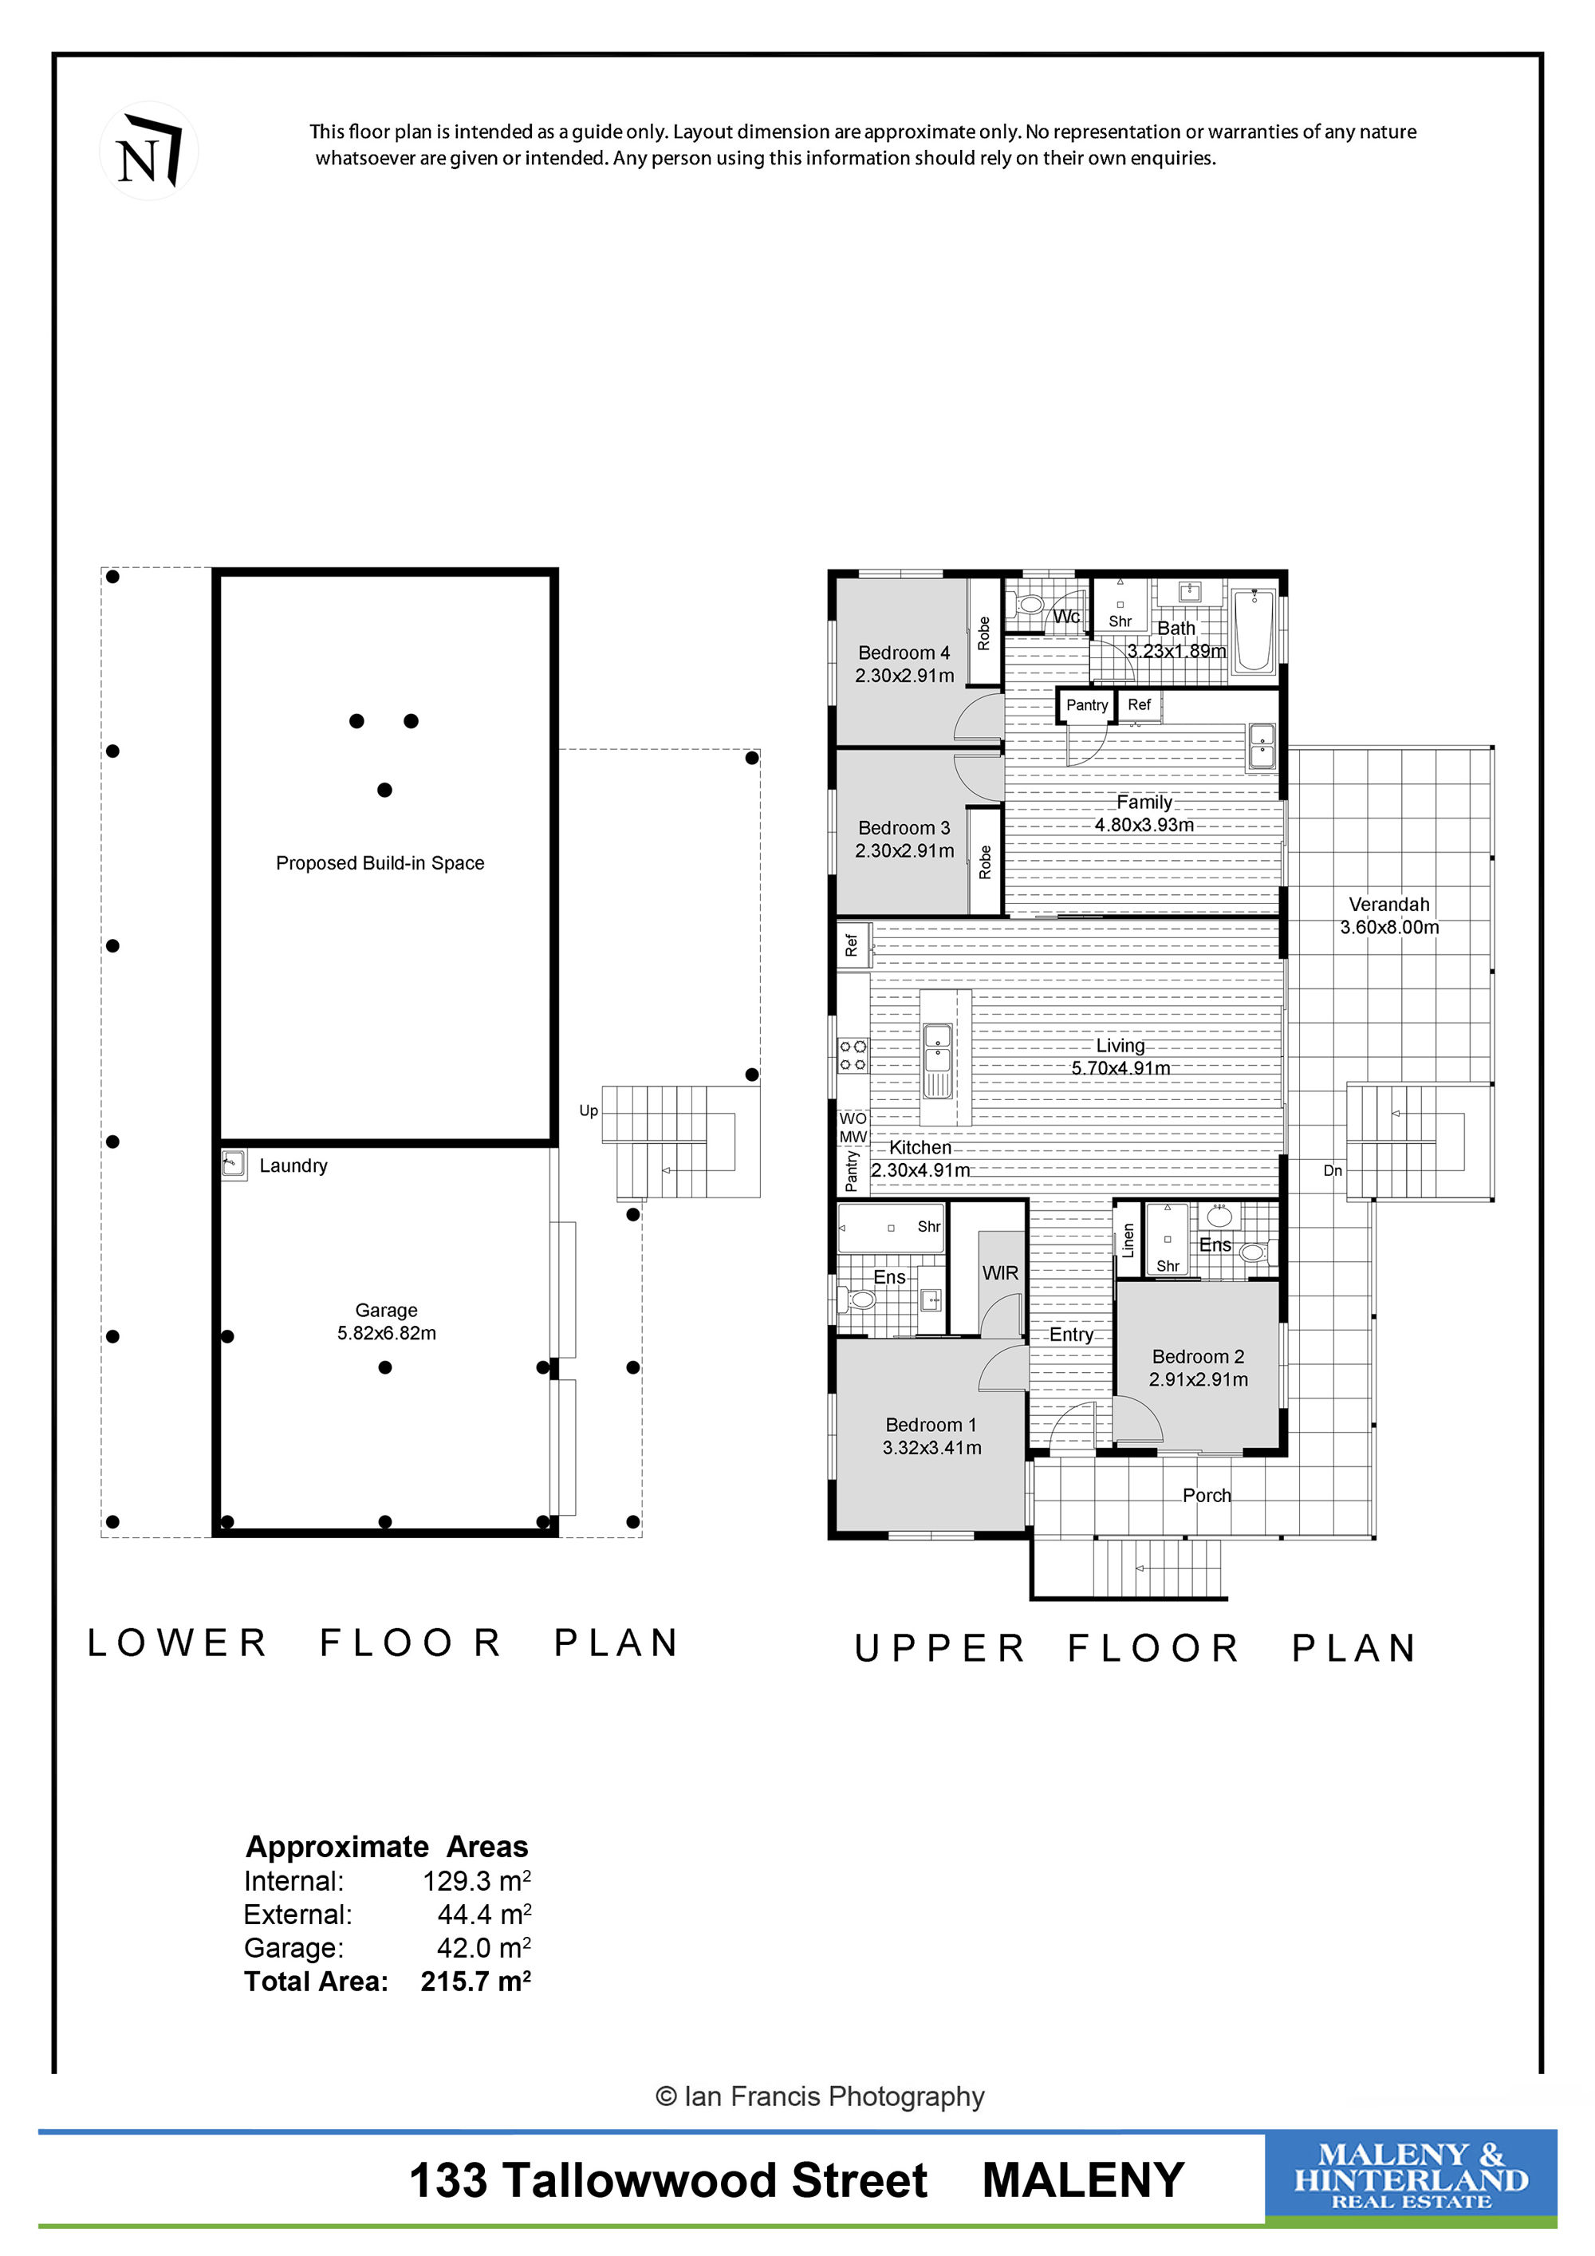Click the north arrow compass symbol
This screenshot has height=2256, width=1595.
coord(149,152)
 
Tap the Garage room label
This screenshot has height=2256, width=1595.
coord(386,1310)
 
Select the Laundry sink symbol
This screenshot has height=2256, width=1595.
coord(234,1165)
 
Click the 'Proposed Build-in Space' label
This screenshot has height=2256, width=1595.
coord(380,862)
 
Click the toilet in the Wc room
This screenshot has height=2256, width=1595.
coord(1028,602)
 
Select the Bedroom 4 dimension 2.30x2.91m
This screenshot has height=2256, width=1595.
coord(904,675)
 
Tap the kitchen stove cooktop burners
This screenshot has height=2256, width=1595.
coord(853,1055)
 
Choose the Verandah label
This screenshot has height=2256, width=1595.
coord(1388,904)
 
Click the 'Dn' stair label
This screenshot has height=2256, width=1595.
coord(1333,1170)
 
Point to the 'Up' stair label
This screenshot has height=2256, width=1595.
coord(589,1110)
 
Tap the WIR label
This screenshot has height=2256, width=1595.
coord(1001,1272)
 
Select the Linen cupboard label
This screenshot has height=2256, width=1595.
coord(1128,1240)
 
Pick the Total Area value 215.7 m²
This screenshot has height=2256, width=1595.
coord(475,1981)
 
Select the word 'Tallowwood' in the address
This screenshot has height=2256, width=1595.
coord(715,2181)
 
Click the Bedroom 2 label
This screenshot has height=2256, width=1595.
coord(1198,1356)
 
